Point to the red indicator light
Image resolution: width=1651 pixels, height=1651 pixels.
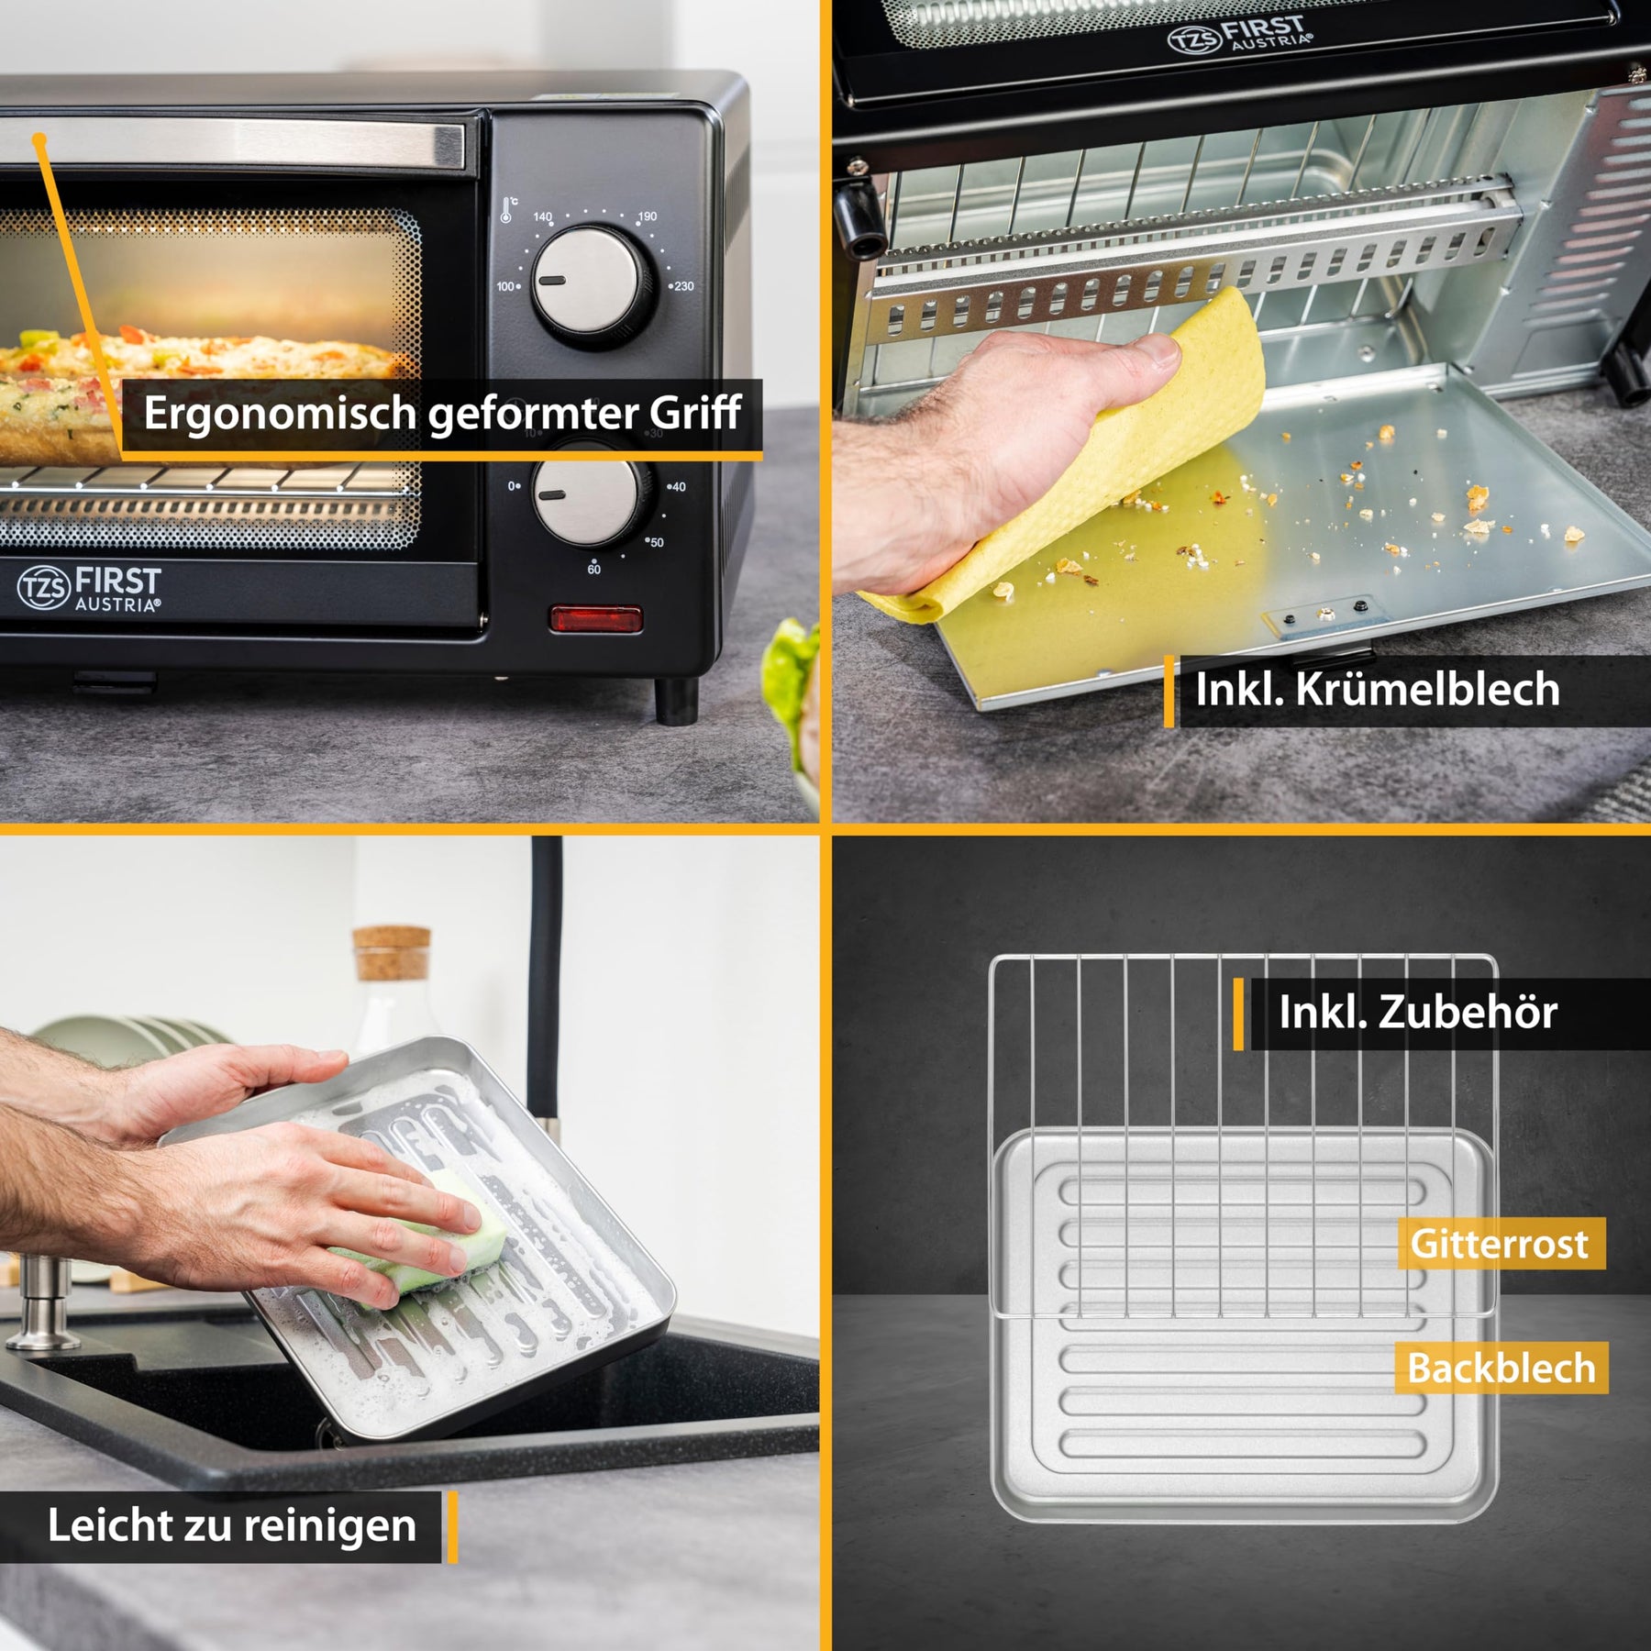coord(596,619)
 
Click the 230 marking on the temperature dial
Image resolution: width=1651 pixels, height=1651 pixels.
coord(681,286)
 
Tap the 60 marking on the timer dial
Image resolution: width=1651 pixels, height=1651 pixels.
coord(594,569)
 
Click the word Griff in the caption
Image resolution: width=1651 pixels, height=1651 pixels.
coord(695,414)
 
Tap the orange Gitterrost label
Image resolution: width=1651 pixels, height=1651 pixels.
coord(1501,1243)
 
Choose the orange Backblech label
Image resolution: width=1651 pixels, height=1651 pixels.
coord(1501,1368)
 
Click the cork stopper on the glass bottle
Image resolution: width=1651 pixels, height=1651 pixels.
coord(392,953)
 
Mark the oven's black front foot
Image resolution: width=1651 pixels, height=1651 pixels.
coord(676,701)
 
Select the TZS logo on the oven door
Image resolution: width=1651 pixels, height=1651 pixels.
coord(43,587)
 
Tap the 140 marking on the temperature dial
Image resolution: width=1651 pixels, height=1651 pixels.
coord(543,217)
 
